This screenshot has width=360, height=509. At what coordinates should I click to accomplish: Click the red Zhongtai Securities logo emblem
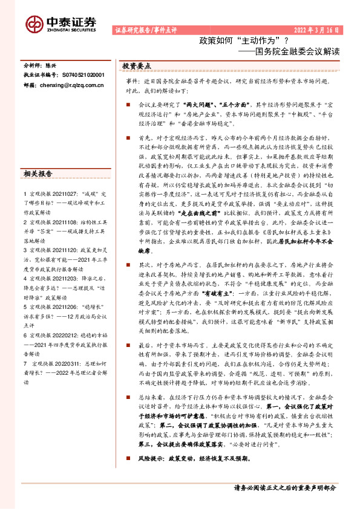point(34,24)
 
